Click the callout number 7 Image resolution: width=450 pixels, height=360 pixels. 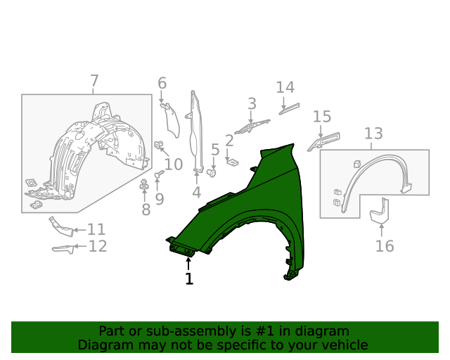click(x=94, y=81)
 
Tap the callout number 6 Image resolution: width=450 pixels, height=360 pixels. click(x=162, y=84)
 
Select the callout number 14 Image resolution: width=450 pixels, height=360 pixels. click(x=285, y=87)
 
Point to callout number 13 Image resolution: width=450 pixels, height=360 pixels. click(x=373, y=133)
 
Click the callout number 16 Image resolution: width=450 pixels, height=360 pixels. click(x=385, y=246)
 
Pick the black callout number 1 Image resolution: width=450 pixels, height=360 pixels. click(x=188, y=279)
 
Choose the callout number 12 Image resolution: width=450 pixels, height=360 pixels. click(x=97, y=246)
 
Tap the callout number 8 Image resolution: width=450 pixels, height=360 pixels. click(x=146, y=210)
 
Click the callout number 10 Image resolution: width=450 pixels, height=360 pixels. click(x=173, y=165)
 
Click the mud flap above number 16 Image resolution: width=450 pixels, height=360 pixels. click(x=380, y=213)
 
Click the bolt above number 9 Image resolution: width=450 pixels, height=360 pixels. click(x=158, y=174)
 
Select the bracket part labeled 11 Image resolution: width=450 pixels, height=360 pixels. click(x=61, y=226)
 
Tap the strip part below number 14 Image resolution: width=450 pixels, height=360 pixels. click(x=289, y=108)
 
